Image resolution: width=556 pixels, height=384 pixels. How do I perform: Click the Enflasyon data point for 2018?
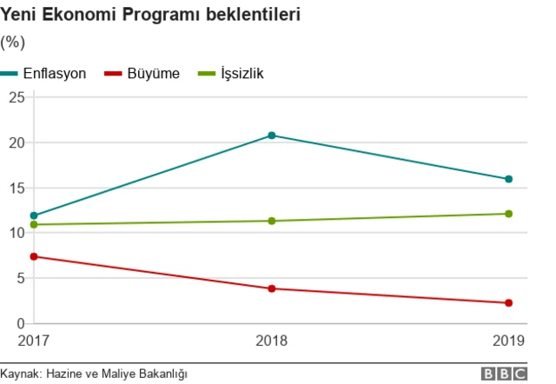272,136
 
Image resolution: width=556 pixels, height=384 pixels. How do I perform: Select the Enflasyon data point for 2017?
34,215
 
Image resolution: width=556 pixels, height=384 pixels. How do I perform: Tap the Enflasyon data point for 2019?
509,179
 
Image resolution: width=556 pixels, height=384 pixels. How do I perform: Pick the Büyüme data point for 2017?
34,256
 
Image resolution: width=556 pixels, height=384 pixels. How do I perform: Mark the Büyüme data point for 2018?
272,288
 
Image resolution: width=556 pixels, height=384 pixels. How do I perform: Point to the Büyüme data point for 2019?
509,302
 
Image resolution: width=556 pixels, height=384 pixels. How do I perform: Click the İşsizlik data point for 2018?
272,221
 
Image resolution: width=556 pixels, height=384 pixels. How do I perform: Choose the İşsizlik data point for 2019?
509,214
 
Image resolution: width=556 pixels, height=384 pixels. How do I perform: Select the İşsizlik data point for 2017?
34,225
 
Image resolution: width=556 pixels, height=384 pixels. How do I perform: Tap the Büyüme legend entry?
142,74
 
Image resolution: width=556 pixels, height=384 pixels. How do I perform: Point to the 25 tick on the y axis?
16,97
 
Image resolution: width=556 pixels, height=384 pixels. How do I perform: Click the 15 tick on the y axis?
16,188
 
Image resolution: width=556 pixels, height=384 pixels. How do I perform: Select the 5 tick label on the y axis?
20,278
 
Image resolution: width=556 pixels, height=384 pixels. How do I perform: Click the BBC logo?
504,374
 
